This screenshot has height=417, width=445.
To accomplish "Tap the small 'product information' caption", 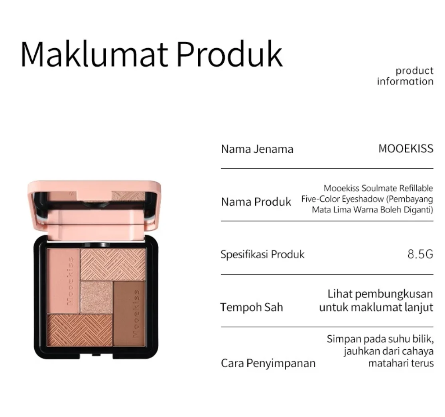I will pos(405,76).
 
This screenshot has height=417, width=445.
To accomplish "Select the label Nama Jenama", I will pos(257,149).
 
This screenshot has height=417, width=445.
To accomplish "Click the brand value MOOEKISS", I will pos(406,149).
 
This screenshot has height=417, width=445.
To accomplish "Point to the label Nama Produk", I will pos(256,202).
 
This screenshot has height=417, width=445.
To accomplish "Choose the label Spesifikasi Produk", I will pos(262,254).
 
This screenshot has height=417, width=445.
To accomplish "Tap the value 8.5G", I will pos(420,254).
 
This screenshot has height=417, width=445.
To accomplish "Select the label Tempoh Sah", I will pos(252,307).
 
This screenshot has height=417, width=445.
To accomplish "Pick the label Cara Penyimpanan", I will pos(268,364).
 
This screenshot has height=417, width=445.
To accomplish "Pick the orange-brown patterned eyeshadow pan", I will pos(79,331).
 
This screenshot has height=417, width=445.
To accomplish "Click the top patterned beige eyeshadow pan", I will pos(113,264).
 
